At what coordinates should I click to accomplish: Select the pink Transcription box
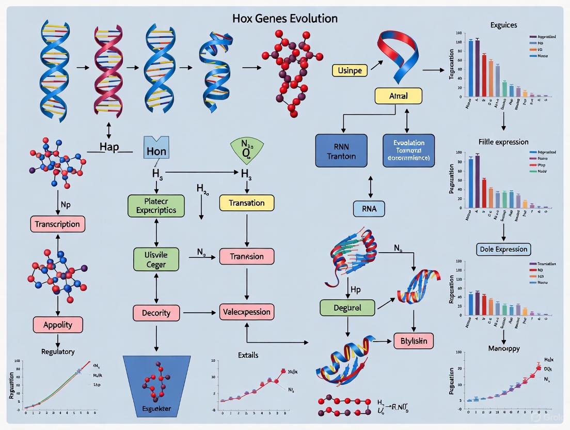click(57, 224)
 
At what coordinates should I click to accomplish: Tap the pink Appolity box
click(58, 325)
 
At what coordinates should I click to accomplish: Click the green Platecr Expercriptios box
click(156, 206)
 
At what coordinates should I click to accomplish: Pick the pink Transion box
click(246, 256)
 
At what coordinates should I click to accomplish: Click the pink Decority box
click(156, 313)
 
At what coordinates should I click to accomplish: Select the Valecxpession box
click(246, 312)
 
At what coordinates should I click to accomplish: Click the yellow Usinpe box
click(350, 70)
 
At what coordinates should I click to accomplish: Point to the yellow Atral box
click(398, 96)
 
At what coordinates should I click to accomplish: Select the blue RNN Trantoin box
click(341, 150)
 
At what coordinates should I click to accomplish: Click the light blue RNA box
click(369, 208)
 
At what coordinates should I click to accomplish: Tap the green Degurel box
click(347, 308)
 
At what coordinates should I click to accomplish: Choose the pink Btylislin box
click(414, 341)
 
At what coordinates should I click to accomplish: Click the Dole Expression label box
click(503, 249)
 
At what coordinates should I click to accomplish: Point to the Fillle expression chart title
click(503, 142)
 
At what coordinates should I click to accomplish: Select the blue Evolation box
click(408, 150)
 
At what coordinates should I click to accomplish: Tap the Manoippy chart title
click(503, 348)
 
